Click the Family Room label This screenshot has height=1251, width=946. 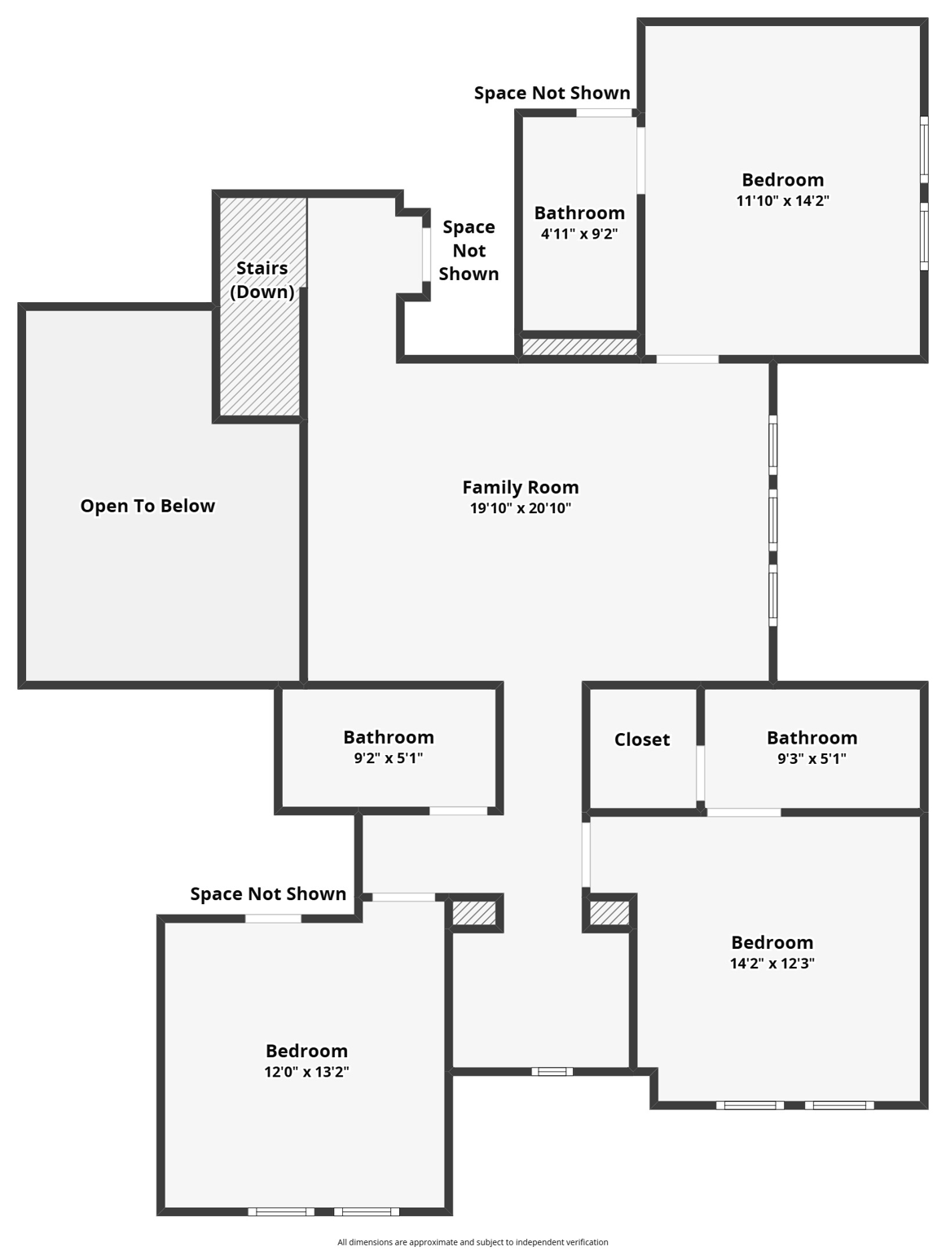click(x=520, y=487)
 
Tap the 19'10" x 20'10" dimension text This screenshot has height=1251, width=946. click(x=520, y=508)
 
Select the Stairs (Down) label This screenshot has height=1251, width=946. click(x=262, y=279)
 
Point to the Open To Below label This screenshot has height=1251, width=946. click(x=147, y=506)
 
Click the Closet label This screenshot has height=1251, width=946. click(x=642, y=740)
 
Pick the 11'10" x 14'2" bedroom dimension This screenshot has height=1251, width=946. click(x=782, y=200)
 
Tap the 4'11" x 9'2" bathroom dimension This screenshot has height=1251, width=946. click(x=579, y=234)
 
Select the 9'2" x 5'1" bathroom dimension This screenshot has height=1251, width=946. click(x=388, y=758)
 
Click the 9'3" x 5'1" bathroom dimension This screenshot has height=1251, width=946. click(x=812, y=758)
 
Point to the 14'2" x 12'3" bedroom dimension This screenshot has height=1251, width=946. click(x=772, y=963)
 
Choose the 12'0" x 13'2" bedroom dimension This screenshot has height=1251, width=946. click(x=306, y=1072)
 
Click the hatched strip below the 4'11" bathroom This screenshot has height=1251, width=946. click(x=579, y=347)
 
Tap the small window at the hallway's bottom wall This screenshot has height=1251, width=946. click(x=552, y=1071)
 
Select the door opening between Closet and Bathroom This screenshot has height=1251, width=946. click(x=700, y=772)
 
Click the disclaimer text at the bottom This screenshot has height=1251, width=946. click(x=473, y=1242)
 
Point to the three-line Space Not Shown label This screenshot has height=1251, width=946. click(x=469, y=250)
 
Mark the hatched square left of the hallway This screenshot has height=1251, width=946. click(x=473, y=913)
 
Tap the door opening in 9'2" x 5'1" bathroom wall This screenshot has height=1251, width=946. click(x=458, y=810)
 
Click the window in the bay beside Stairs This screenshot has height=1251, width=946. click(x=426, y=255)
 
